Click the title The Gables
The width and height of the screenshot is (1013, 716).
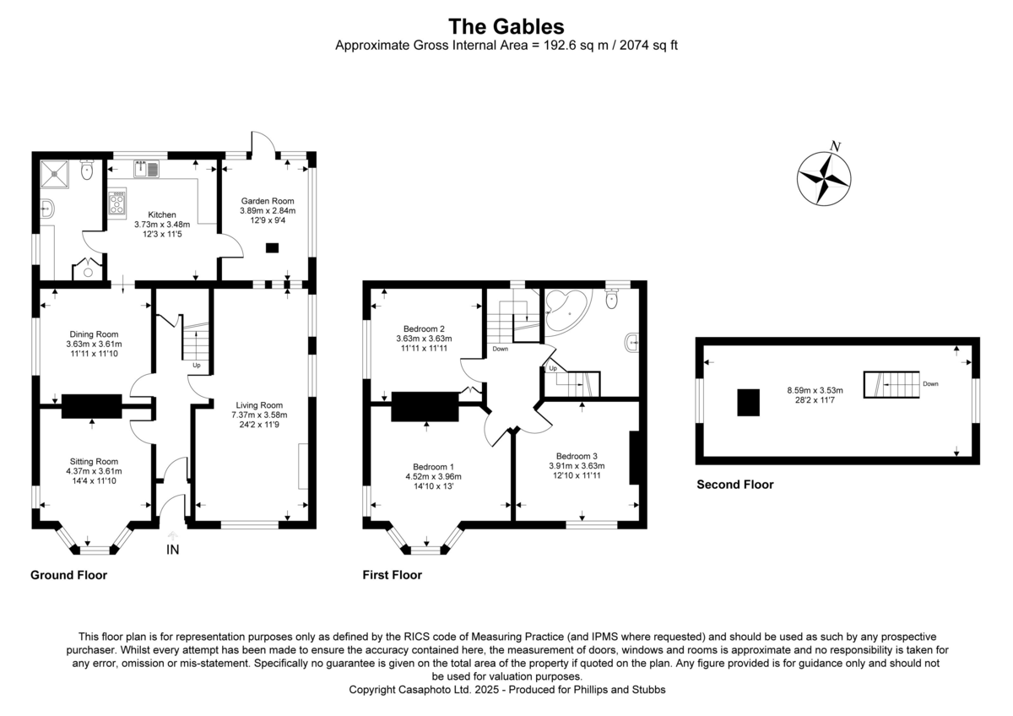[506, 26]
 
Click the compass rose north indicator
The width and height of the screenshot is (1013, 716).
[824, 175]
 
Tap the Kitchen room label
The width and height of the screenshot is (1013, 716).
[162, 214]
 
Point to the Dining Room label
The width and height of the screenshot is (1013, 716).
[94, 334]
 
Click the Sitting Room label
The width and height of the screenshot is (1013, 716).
[94, 461]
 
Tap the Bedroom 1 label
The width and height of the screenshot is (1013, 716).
[433, 467]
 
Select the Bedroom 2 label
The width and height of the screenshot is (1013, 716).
[424, 328]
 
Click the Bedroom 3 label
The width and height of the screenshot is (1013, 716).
[577, 455]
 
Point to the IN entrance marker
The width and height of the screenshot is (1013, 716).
[172, 550]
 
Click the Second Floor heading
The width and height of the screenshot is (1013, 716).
[734, 485]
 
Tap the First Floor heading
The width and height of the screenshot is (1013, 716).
[393, 575]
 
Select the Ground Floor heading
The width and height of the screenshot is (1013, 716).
[68, 575]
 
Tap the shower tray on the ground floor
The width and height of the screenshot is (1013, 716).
[57, 174]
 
